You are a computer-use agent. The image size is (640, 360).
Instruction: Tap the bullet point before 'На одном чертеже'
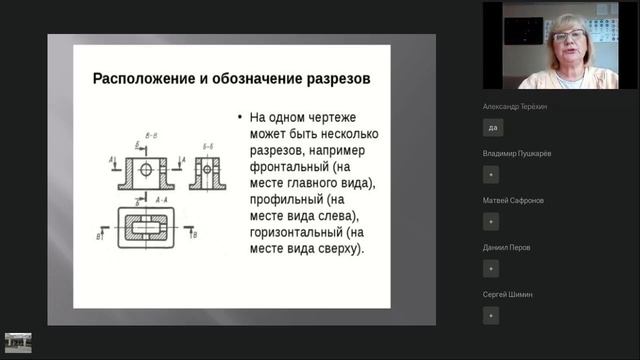[240, 117]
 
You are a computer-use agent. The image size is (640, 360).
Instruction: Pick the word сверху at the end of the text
[337, 249]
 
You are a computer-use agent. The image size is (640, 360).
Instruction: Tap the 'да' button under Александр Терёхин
[491, 127]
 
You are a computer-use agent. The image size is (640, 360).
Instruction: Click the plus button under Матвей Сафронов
[491, 221]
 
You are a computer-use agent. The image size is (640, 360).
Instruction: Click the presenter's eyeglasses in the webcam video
[568, 36]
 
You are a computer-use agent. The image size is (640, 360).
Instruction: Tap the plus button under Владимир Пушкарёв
[491, 174]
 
